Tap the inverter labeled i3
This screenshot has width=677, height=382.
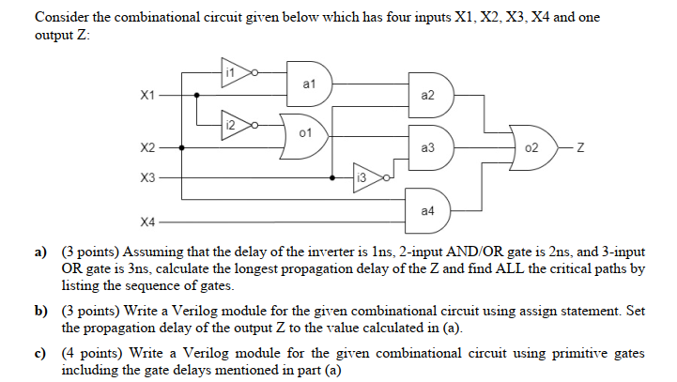click(x=365, y=175)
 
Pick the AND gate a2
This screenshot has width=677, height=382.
click(x=429, y=95)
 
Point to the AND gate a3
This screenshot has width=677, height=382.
click(x=429, y=147)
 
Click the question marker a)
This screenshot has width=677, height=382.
click(x=40, y=253)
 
